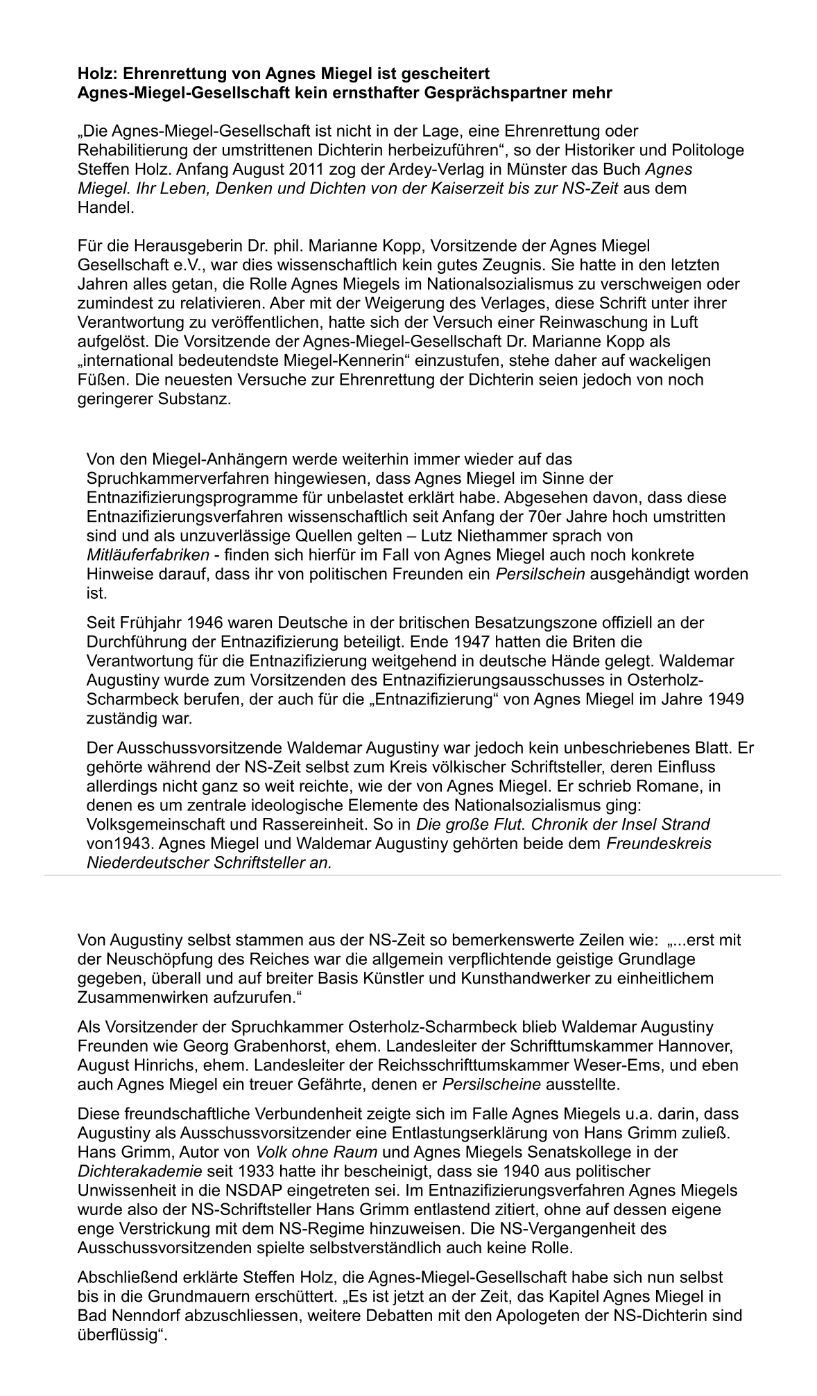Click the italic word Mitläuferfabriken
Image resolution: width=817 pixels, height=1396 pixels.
tap(148, 555)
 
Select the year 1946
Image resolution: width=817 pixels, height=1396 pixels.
tap(207, 622)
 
